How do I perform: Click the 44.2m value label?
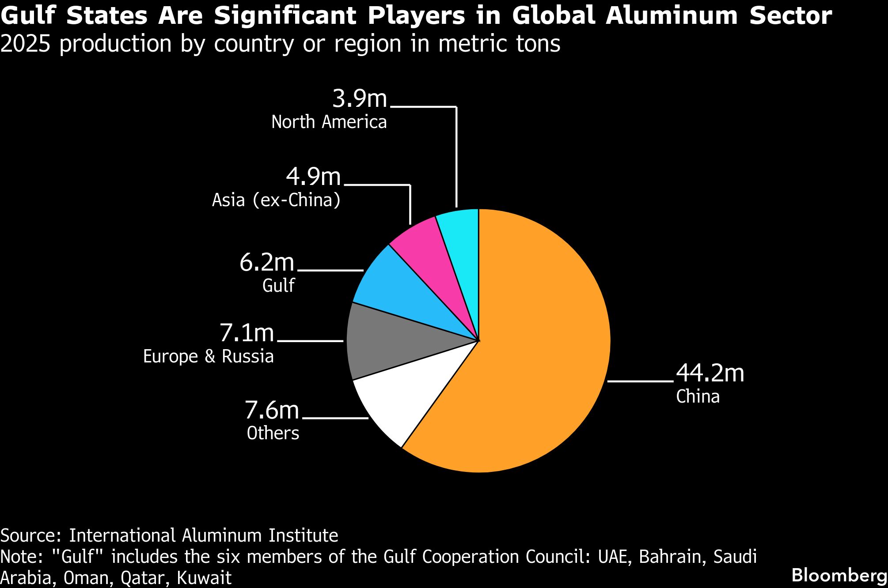(710, 373)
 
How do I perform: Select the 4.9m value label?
(313, 177)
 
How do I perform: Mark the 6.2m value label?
(267, 262)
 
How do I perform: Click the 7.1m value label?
(247, 332)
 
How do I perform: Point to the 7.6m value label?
(272, 410)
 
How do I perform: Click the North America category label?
(329, 122)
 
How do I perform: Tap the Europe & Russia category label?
(208, 356)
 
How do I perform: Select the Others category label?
(273, 433)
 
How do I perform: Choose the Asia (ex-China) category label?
(276, 200)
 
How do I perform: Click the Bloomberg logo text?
(839, 575)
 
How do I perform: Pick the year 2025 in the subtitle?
(25, 44)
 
